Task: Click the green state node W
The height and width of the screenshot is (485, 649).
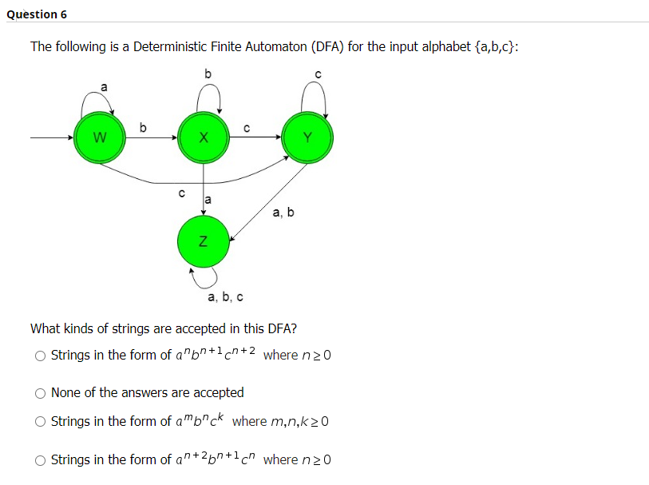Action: pos(99,138)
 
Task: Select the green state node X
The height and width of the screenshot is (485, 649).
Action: pos(204,138)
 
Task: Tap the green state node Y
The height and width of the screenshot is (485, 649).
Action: pos(308,138)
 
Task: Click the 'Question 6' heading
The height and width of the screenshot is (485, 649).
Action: pos(36,14)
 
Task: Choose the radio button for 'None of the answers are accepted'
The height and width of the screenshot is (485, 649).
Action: pos(40,393)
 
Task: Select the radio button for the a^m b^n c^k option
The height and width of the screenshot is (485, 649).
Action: pos(40,421)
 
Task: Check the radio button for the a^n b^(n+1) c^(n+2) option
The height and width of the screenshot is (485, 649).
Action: pos(40,356)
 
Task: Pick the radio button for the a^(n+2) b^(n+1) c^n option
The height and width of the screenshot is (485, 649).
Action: pos(40,460)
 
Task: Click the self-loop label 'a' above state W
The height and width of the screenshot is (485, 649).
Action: pos(102,85)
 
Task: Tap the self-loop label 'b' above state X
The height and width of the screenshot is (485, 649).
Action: pos(208,74)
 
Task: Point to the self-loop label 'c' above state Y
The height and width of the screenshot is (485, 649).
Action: pos(318,74)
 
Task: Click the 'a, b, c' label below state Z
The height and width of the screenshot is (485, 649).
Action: pos(225,297)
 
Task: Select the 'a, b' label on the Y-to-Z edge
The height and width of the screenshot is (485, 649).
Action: pos(283,213)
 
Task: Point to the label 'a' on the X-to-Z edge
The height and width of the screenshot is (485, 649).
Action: pos(208,197)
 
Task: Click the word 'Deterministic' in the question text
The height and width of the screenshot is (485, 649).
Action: pos(170,46)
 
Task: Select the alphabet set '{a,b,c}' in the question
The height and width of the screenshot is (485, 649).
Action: pos(495,46)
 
